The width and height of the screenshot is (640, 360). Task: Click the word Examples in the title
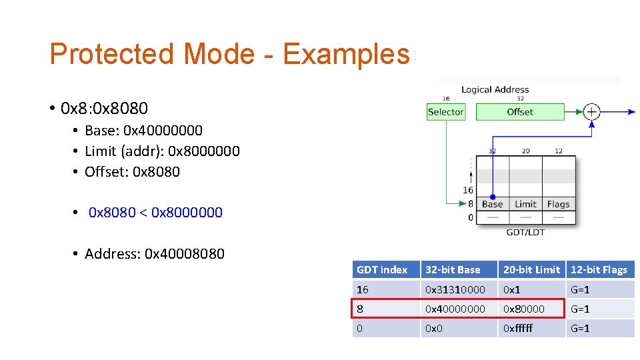coord(346,54)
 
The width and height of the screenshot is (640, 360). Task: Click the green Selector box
coord(445,112)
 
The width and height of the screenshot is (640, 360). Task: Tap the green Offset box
coord(520,112)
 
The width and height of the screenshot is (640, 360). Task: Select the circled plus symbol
coord(591,112)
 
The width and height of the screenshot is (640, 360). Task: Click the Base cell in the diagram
coord(492,204)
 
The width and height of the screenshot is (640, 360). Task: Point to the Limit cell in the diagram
coord(525,204)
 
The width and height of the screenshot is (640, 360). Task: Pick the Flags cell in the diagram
coord(558,204)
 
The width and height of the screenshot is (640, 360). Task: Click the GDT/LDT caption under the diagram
coord(525,232)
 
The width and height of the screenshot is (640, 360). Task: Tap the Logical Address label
coord(495,89)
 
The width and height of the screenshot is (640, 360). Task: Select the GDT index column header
coord(382,270)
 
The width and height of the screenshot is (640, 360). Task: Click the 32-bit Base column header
coord(453,270)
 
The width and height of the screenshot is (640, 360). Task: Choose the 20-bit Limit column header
coord(531,270)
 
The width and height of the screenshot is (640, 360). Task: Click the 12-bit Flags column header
coord(599,270)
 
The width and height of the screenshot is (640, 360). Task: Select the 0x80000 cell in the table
coord(524,309)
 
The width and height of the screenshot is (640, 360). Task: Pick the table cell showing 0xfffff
coord(519,329)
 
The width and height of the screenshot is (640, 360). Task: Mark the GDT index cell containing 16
coord(363,290)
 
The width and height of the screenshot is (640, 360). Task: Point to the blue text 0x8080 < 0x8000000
coord(155,213)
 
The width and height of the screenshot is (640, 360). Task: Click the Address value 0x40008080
coord(185,254)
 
